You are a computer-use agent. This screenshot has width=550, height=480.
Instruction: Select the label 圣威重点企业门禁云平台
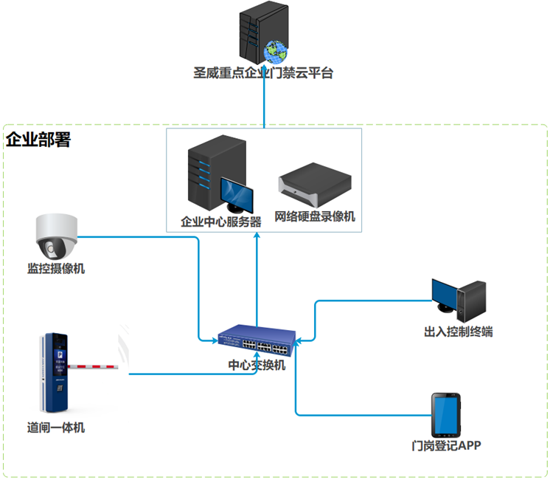point(262,74)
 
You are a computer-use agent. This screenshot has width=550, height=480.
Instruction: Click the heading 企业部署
point(38,140)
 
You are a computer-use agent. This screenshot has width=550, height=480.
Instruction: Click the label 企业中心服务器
point(221,222)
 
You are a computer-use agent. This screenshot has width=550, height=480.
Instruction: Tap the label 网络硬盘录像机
point(315,217)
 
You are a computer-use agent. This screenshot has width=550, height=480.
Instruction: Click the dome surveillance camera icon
point(56,236)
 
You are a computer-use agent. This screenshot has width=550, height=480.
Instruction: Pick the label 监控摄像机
point(56,269)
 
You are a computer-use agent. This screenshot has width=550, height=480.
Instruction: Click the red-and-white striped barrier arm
point(97,364)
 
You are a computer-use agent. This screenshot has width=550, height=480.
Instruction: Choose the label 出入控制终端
point(459,332)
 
